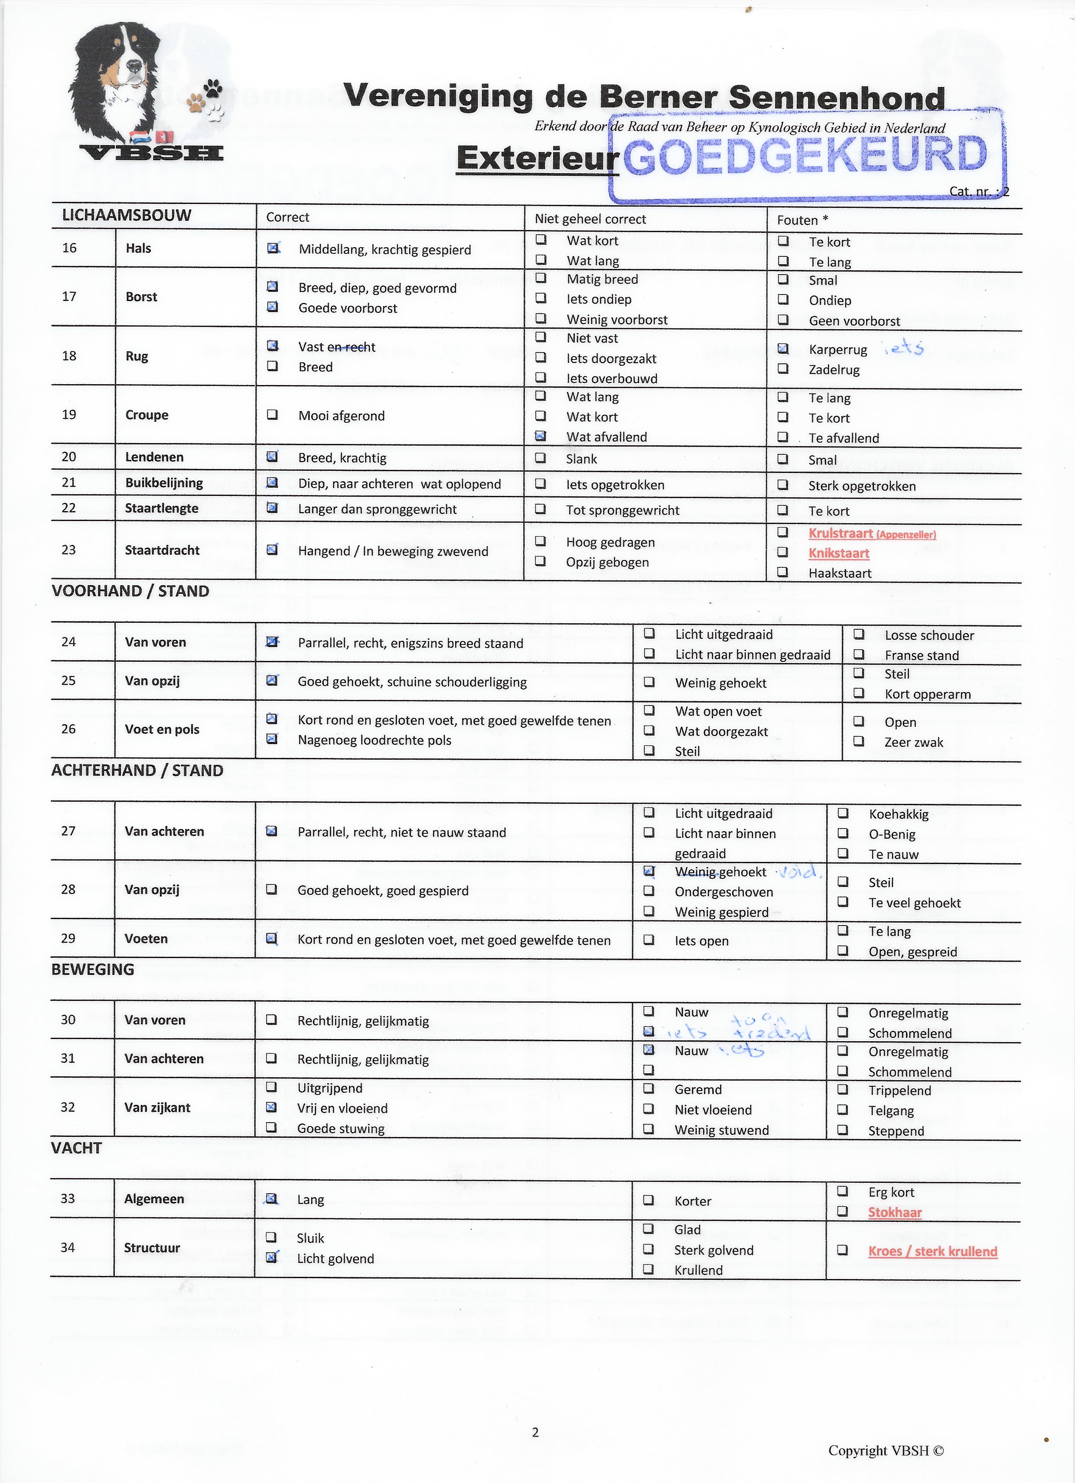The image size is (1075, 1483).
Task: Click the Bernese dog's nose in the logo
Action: pos(134,65)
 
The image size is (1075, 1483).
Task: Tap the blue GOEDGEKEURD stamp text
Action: pos(805,155)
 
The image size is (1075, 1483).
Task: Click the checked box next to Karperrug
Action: pos(782,349)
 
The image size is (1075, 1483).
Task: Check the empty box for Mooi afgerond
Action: pos(272,414)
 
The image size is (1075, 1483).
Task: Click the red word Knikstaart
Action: pos(838,553)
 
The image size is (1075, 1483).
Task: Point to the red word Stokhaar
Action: pos(894,1212)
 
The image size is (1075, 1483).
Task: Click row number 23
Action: pos(68,550)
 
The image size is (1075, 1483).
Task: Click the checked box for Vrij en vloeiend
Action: pos(271,1107)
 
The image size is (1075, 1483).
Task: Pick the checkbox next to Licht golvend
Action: pos(271,1257)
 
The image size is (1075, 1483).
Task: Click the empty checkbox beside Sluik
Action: pos(271,1237)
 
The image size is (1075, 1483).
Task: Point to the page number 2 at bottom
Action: pos(535,1432)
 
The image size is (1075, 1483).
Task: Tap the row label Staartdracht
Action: pos(162,550)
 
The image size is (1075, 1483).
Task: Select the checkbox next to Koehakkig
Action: pos(844,813)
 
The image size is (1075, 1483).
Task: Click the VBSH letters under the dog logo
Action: pos(151,153)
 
